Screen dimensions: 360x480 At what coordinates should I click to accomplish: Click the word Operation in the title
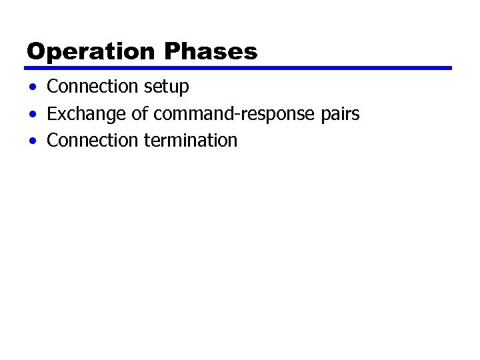(x=92, y=51)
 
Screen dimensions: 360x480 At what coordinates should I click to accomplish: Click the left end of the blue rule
(x=27, y=68)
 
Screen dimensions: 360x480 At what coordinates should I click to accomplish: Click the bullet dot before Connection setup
(x=33, y=87)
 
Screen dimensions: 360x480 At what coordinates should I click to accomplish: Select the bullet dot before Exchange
(x=33, y=115)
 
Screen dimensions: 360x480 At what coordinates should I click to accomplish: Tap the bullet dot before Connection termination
(x=33, y=141)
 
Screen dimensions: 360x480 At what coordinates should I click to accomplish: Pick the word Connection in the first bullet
(x=93, y=87)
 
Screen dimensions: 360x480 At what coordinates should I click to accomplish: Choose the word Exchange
(x=87, y=114)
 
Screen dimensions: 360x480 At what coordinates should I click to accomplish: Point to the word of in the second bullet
(x=139, y=114)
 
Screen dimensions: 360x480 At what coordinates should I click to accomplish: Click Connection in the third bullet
(x=93, y=141)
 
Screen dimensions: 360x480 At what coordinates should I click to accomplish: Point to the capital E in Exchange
(x=52, y=114)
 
